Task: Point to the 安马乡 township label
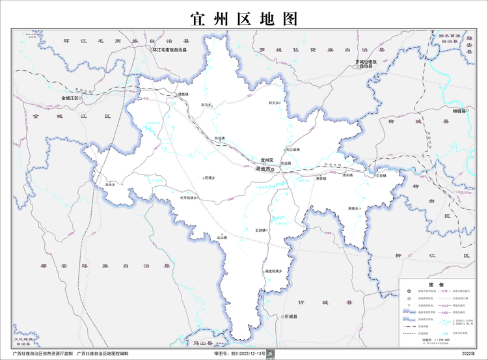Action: point(206,105)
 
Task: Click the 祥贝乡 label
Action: point(274,102)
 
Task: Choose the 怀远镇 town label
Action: point(219,139)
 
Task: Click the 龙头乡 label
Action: point(110,185)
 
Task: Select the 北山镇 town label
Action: point(222,238)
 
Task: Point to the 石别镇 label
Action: point(260,230)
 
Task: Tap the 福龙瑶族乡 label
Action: point(273,270)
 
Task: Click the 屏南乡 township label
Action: point(354,209)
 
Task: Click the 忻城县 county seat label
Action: point(290,316)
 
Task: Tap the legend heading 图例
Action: point(435,285)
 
